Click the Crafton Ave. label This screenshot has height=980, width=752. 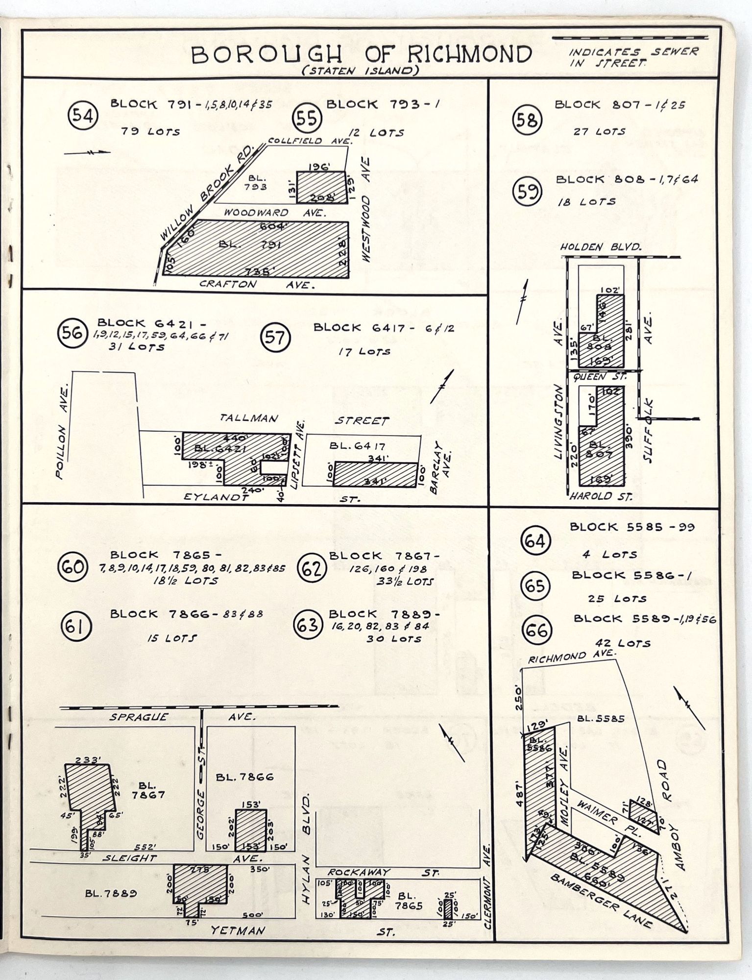pyautogui.click(x=257, y=284)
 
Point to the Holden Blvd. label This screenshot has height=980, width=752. pyautogui.click(x=600, y=247)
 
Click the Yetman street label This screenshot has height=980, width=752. pyautogui.click(x=237, y=930)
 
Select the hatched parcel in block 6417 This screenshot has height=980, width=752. pyautogui.click(x=375, y=474)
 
